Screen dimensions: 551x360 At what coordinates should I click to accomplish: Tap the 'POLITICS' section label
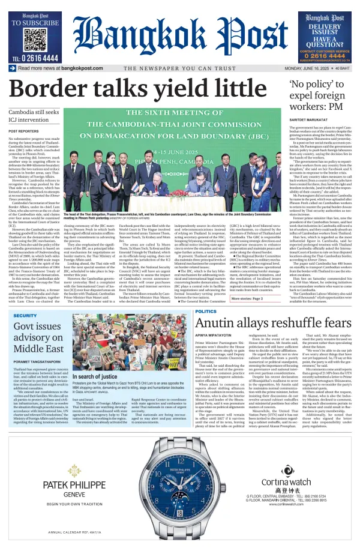(206, 312)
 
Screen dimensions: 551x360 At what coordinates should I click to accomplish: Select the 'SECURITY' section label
(25, 316)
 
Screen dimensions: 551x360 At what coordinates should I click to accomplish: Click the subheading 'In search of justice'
(94, 376)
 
